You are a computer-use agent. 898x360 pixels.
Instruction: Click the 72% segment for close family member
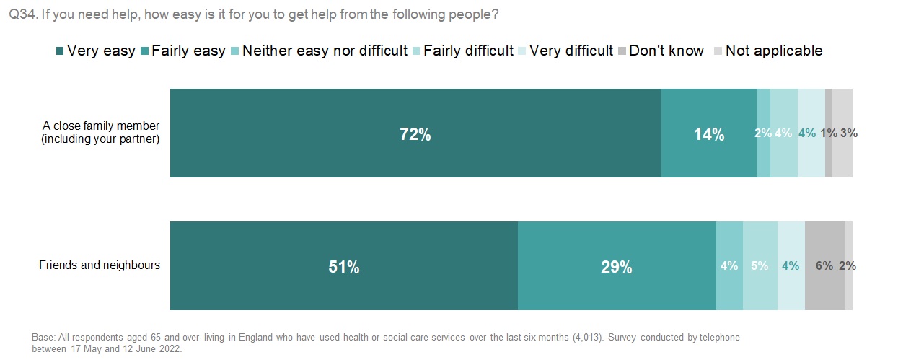(415, 133)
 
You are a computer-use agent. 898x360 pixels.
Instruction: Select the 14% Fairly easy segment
(709, 133)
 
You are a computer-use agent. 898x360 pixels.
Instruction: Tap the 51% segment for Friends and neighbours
(344, 266)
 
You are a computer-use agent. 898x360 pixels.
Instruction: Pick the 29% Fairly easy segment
(617, 266)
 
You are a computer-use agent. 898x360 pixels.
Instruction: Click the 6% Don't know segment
(824, 265)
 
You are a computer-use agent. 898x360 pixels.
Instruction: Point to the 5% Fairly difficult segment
(760, 265)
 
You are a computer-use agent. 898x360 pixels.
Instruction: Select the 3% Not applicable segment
(842, 133)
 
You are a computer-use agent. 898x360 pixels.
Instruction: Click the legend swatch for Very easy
(61, 51)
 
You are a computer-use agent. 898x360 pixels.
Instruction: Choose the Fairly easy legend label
(188, 51)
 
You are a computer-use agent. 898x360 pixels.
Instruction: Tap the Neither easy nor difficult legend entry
(325, 51)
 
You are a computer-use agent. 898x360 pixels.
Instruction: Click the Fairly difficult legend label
(469, 51)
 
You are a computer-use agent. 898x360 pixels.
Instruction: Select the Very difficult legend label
(571, 51)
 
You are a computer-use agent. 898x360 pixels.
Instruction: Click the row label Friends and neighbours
(100, 265)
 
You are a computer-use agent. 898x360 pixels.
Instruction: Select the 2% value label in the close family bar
(763, 133)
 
